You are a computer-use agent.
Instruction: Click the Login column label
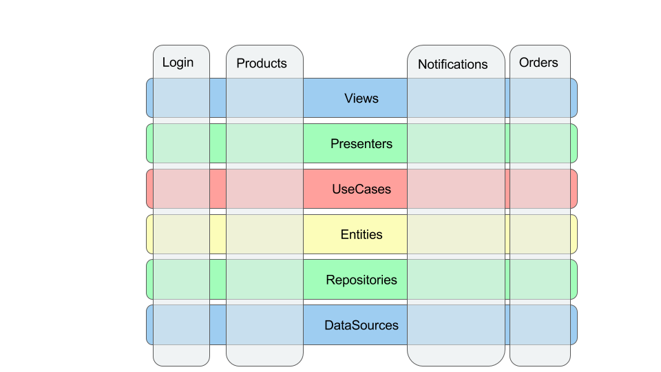[x=178, y=63]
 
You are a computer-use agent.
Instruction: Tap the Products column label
[x=262, y=63]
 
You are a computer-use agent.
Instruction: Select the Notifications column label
[x=453, y=64]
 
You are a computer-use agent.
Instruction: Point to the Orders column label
[x=538, y=63]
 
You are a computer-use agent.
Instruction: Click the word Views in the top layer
[x=361, y=99]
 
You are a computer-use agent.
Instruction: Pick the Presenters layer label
[x=361, y=144]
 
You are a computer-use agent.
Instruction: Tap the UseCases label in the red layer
[x=361, y=189]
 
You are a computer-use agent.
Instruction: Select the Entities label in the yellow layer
[x=361, y=234]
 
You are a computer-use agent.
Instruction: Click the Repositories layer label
[x=361, y=280]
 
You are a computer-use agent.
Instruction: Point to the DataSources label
[x=361, y=325]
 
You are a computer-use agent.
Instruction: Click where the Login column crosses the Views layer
[x=181, y=98]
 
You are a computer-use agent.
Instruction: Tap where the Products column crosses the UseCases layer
[x=264, y=189]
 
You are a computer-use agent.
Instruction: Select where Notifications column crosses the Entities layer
[x=456, y=234]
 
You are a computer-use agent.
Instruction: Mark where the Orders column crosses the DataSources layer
[x=540, y=325]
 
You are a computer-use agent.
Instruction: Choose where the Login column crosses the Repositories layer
[x=181, y=280]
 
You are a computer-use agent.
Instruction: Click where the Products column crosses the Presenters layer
[x=264, y=143]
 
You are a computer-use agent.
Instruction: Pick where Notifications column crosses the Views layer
[x=456, y=98]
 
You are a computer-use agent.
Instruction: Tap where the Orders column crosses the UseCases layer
[x=540, y=189]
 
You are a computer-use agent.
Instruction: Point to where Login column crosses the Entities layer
[x=181, y=234]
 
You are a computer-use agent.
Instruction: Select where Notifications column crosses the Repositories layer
[x=456, y=280]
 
